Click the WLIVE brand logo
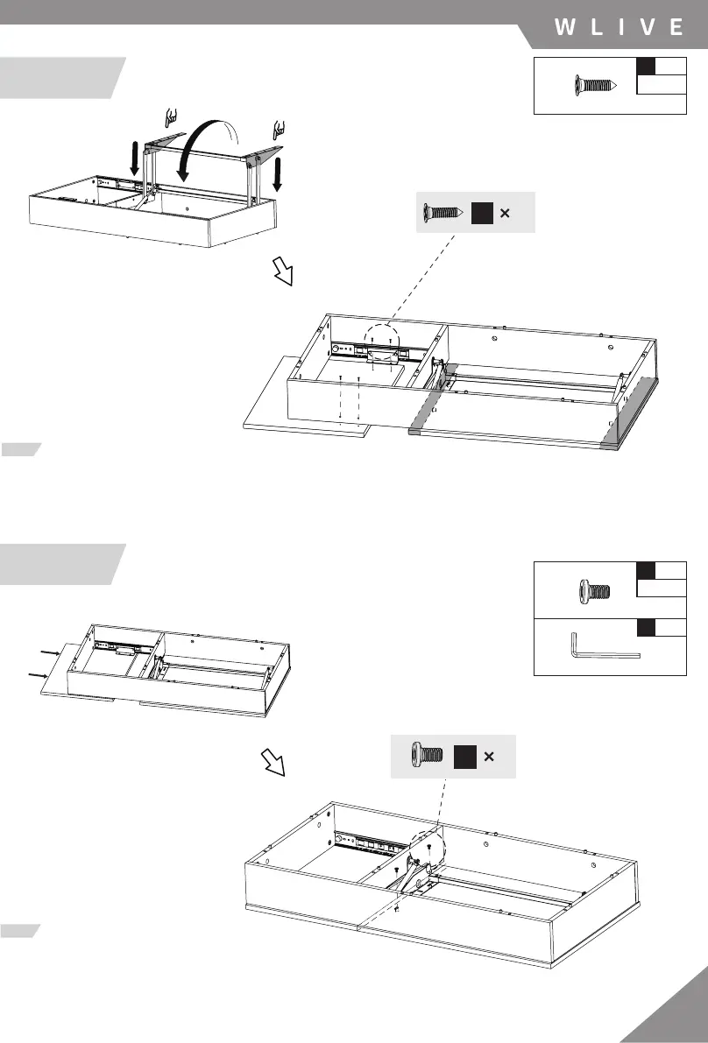click(x=619, y=27)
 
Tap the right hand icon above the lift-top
click(x=279, y=128)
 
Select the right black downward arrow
click(x=277, y=173)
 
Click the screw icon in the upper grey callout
click(x=442, y=213)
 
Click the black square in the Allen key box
click(x=646, y=626)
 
